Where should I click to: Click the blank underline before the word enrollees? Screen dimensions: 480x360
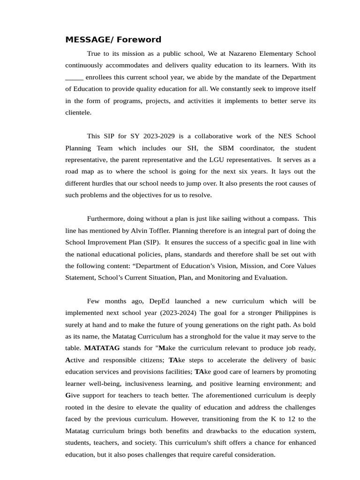74,77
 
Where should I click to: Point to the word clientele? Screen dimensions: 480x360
78,112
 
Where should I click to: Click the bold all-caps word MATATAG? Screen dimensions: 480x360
102,348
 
